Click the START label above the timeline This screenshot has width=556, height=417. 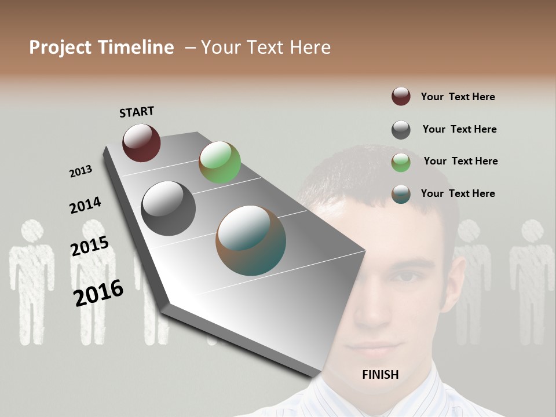137,112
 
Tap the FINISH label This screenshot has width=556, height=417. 380,375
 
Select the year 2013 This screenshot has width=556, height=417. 81,171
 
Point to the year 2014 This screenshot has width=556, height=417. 85,205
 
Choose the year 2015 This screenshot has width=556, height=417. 90,246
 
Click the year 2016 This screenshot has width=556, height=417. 98,292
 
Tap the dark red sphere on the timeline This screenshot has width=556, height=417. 141,142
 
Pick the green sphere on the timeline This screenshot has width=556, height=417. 220,162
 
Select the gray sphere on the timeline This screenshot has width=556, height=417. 168,209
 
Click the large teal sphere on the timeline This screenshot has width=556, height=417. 251,240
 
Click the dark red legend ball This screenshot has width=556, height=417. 401,97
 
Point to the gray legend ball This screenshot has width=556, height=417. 401,130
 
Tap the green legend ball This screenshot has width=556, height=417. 401,162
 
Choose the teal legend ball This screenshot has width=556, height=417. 401,194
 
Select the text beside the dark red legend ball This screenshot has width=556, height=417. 458,97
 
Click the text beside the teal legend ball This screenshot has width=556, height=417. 458,193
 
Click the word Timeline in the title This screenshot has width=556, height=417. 137,47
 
